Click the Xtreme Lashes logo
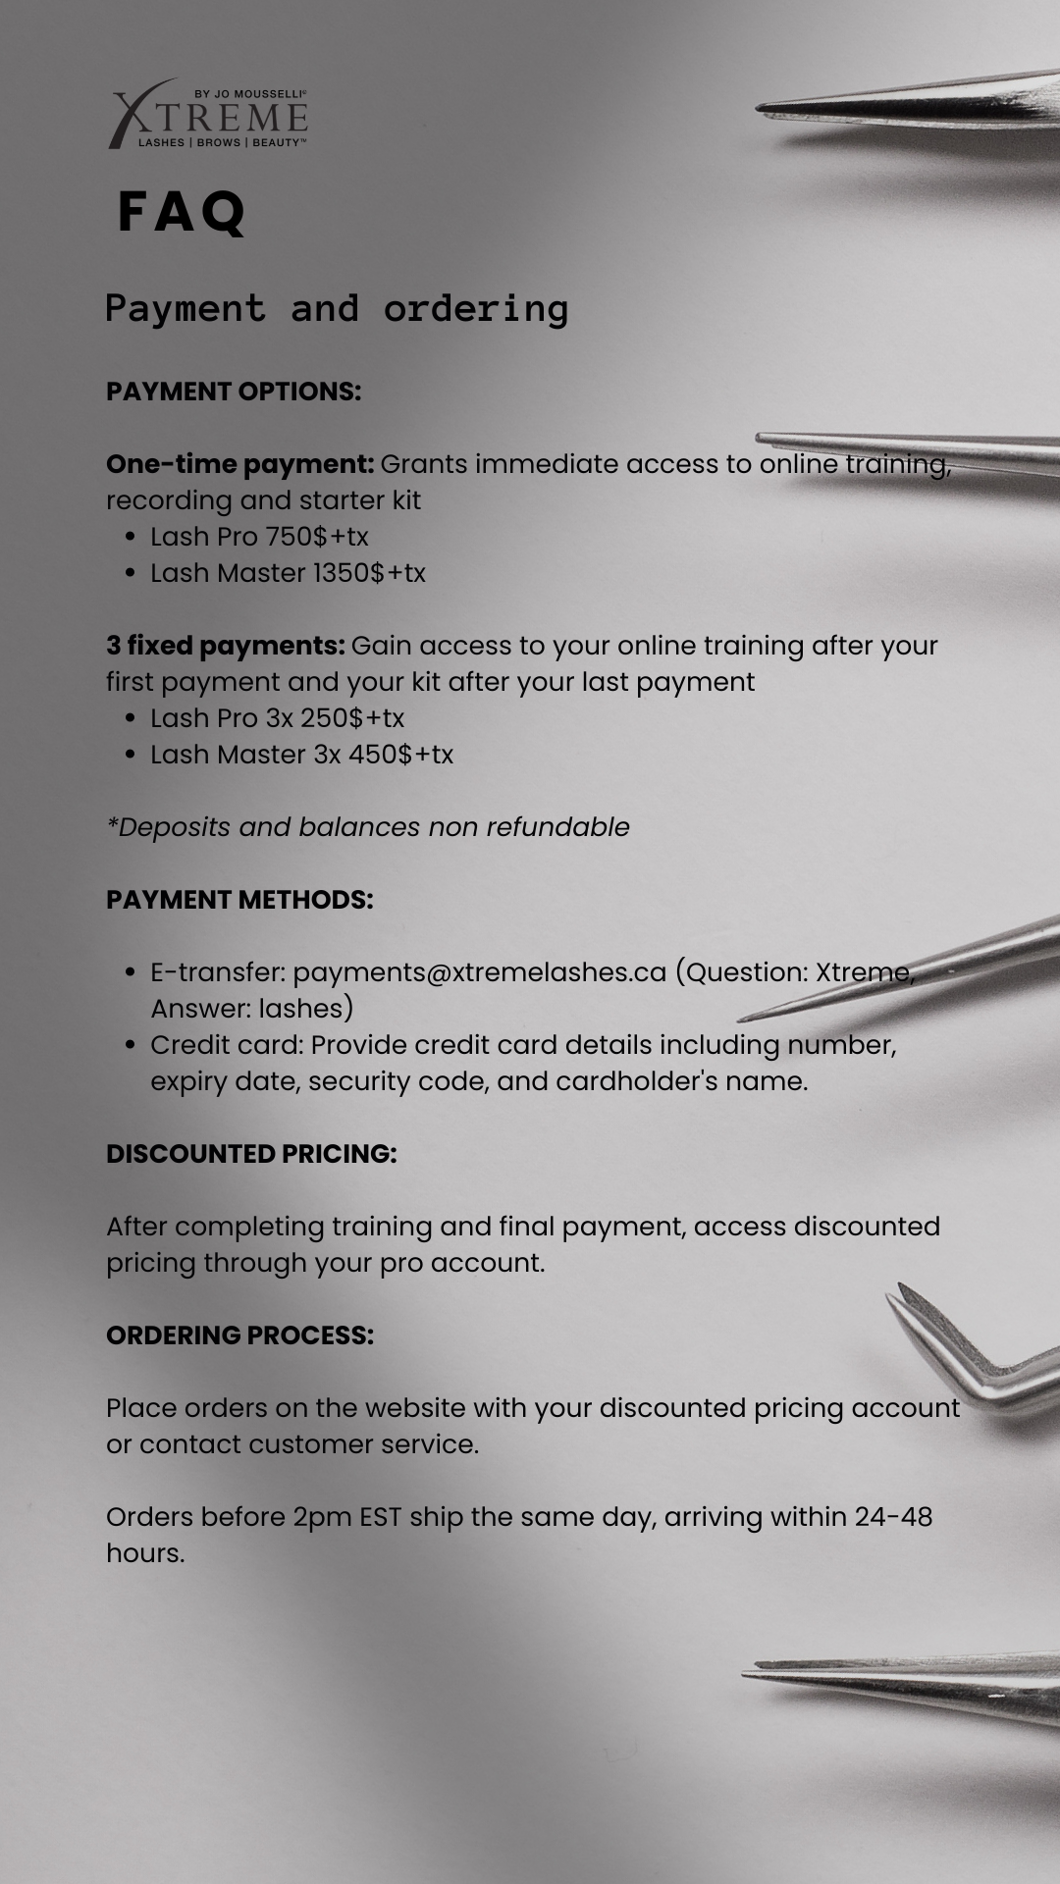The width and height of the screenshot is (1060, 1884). [x=208, y=115]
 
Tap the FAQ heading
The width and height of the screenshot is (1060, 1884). [x=182, y=212]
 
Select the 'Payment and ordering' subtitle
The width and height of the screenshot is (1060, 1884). [x=337, y=309]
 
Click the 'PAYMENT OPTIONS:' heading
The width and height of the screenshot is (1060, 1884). [x=234, y=392]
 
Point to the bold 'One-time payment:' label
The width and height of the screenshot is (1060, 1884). [x=239, y=464]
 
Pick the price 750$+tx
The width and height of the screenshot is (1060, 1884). [x=317, y=537]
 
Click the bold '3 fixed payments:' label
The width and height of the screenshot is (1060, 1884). [x=226, y=646]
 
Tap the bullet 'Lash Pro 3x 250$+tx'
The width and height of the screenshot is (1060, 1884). [x=277, y=718]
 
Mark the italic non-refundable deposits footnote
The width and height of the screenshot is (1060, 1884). [x=368, y=827]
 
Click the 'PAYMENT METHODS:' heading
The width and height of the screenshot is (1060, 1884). [x=239, y=900]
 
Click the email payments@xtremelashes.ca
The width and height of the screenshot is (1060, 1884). [x=479, y=972]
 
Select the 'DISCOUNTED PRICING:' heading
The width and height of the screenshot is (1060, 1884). [x=251, y=1154]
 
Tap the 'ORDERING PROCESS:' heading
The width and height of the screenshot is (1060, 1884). [x=239, y=1335]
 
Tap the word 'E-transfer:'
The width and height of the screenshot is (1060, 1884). [x=218, y=972]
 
